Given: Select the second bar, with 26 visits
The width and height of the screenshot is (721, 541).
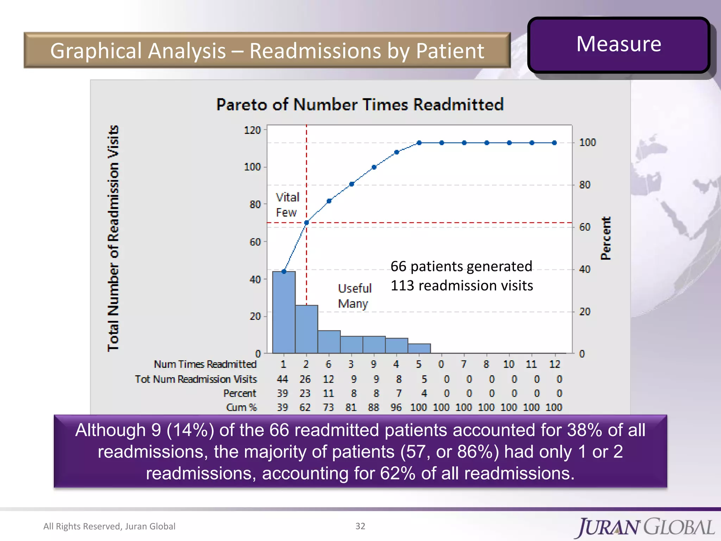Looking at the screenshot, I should pyautogui.click(x=306, y=329).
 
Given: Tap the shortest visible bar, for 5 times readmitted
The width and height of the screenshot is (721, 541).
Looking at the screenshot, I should pyautogui.click(x=419, y=348).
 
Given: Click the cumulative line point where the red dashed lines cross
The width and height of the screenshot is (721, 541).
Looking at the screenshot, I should pyautogui.click(x=306, y=223).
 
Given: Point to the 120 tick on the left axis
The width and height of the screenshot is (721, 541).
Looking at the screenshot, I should pyautogui.click(x=252, y=130).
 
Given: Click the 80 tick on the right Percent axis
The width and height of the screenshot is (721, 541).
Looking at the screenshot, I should pyautogui.click(x=585, y=185).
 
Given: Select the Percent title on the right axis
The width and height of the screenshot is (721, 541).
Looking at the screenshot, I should pyautogui.click(x=606, y=238).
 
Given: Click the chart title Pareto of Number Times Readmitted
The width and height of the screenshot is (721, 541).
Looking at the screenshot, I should pyautogui.click(x=360, y=105).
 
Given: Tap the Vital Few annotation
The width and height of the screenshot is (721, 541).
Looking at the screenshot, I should pyautogui.click(x=287, y=205).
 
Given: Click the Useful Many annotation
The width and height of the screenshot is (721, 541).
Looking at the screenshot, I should pyautogui.click(x=354, y=296).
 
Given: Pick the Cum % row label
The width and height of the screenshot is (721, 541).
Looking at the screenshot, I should pyautogui.click(x=242, y=408).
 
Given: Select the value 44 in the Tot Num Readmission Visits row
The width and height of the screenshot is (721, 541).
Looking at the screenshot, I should pyautogui.click(x=282, y=379).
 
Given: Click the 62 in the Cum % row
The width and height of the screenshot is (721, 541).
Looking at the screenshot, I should pyautogui.click(x=305, y=408).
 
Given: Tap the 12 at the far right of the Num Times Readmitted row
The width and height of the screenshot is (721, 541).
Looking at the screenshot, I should pyautogui.click(x=554, y=364).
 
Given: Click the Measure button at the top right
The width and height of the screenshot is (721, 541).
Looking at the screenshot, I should pyautogui.click(x=619, y=45).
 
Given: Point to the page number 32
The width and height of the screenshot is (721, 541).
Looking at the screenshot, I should pyautogui.click(x=360, y=526).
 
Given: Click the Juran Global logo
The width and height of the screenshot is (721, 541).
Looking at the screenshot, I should pyautogui.click(x=645, y=527).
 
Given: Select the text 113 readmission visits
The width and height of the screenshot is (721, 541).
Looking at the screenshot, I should pyautogui.click(x=462, y=286).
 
